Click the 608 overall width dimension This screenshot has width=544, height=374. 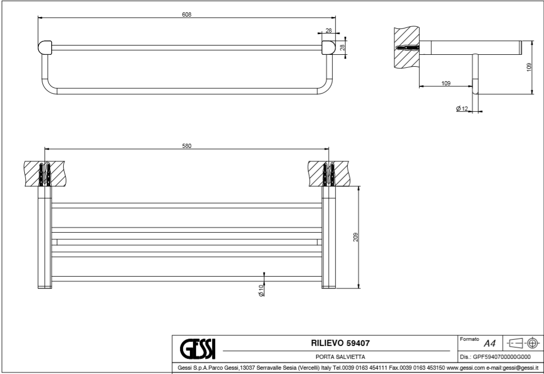click(187, 14)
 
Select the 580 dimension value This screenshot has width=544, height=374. click(187, 146)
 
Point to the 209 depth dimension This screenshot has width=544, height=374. click(356, 236)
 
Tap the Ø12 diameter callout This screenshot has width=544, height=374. click(462, 109)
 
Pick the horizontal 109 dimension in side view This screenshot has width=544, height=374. click(446, 83)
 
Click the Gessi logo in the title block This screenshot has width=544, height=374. click(197, 346)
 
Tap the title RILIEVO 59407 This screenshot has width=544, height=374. click(339, 342)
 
